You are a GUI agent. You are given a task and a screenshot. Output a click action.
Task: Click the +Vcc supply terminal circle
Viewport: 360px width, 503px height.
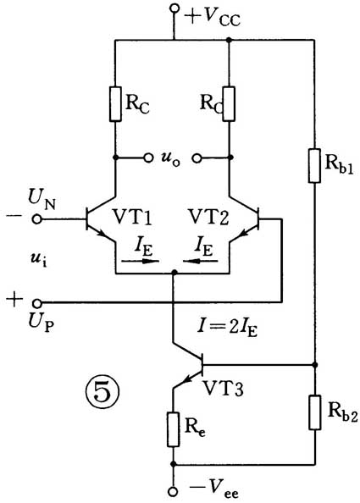point(174,8)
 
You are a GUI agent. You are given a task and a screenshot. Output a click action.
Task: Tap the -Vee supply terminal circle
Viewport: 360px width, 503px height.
point(173,491)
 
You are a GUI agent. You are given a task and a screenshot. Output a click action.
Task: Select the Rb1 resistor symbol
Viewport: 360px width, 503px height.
point(315,165)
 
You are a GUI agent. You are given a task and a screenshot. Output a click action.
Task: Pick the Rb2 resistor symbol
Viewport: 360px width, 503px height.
point(315,412)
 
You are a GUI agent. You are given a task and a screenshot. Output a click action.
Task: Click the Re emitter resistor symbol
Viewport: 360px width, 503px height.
point(174,429)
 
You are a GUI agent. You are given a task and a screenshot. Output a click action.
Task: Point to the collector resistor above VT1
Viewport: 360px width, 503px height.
point(115,104)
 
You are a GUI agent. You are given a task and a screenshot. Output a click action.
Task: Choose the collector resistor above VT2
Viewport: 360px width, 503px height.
point(229,104)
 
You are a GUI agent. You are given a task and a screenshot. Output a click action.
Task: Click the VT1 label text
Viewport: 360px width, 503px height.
point(132,217)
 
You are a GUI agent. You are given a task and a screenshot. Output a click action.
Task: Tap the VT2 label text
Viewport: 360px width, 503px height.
point(208,217)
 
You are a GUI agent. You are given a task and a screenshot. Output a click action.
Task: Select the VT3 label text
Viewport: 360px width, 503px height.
point(224,389)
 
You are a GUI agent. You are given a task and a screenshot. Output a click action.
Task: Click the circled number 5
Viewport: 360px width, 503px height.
point(102,391)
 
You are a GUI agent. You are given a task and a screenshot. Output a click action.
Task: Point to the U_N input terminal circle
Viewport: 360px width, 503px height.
point(37,219)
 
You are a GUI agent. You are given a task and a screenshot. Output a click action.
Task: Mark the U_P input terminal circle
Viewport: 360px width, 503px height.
point(37,302)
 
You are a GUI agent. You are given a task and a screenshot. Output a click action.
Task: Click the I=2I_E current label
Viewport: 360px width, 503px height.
point(228,329)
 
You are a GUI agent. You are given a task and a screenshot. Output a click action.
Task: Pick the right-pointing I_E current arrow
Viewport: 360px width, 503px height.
point(141,261)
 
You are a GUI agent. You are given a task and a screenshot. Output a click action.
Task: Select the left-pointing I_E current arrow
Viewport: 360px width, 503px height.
point(201,261)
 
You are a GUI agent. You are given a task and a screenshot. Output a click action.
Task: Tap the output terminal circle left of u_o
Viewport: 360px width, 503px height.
point(148,158)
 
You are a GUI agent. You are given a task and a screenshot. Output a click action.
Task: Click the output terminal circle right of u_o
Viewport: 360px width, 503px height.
point(197,158)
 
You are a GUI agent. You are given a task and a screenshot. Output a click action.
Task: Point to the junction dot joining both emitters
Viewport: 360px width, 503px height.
point(174,273)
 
